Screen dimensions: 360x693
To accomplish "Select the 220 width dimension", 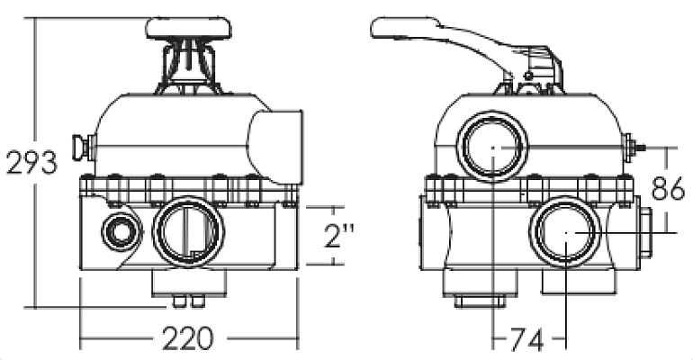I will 188,339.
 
